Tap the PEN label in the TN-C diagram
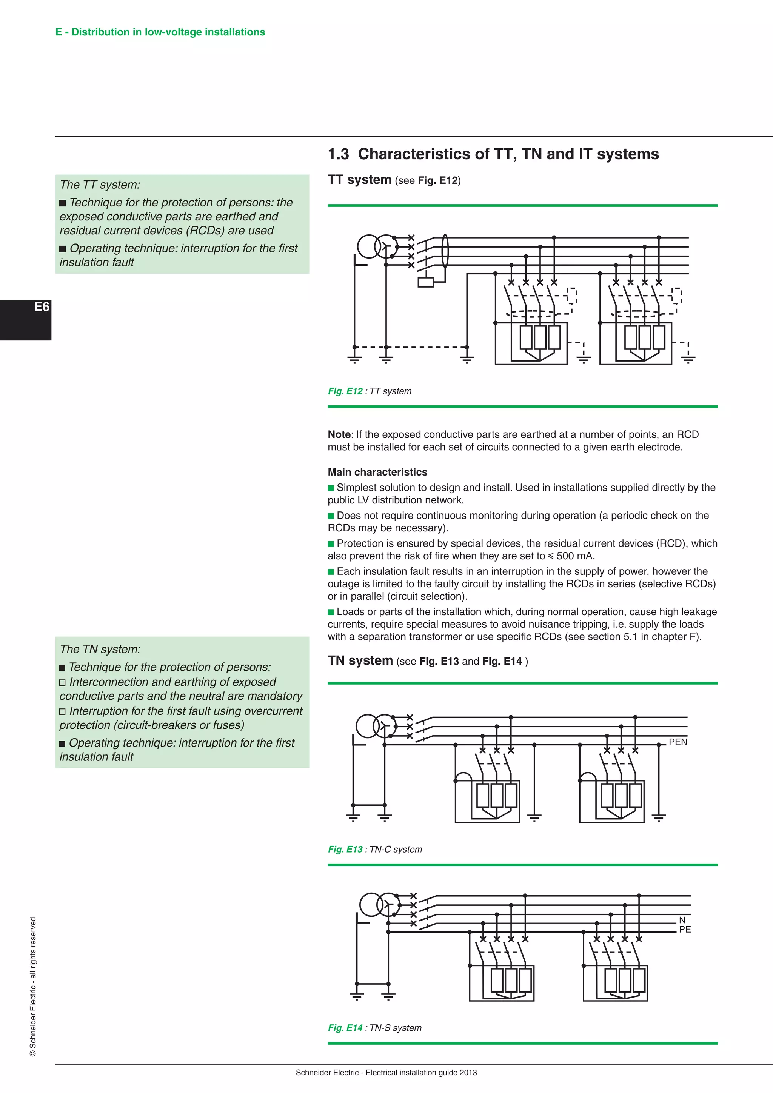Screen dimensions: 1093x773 pyautogui.click(x=678, y=742)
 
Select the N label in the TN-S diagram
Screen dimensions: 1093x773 pyautogui.click(x=682, y=920)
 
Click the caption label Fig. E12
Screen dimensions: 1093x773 pyautogui.click(x=345, y=391)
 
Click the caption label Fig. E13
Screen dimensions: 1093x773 pyautogui.click(x=345, y=849)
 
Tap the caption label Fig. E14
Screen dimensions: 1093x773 pyautogui.click(x=345, y=1028)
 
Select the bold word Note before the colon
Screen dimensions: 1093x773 pyautogui.click(x=339, y=435)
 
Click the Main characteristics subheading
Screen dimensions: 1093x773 pyautogui.click(x=377, y=472)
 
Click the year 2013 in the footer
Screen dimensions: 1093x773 pyautogui.click(x=468, y=1073)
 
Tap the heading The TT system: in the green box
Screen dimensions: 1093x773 pyautogui.click(x=100, y=185)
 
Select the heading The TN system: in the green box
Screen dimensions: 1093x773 pyautogui.click(x=100, y=649)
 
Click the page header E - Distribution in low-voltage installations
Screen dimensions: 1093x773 pyautogui.click(x=160, y=32)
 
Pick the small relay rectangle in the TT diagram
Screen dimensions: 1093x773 pyautogui.click(x=425, y=282)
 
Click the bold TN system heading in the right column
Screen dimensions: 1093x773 pyautogui.click(x=360, y=661)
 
